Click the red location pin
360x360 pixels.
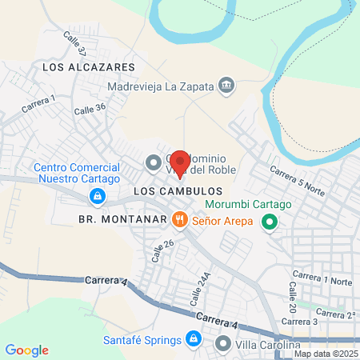tap(179, 163)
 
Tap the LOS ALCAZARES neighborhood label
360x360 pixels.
tap(81, 69)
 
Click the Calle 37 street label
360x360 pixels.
tap(75, 46)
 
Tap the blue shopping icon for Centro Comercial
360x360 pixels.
tap(96, 196)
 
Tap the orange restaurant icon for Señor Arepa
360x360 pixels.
tap(179, 218)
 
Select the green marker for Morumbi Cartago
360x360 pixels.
tap(270, 222)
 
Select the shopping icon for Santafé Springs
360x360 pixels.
tap(192, 339)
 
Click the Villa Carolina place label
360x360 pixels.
tap(268, 346)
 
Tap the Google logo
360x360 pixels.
tap(26, 350)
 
